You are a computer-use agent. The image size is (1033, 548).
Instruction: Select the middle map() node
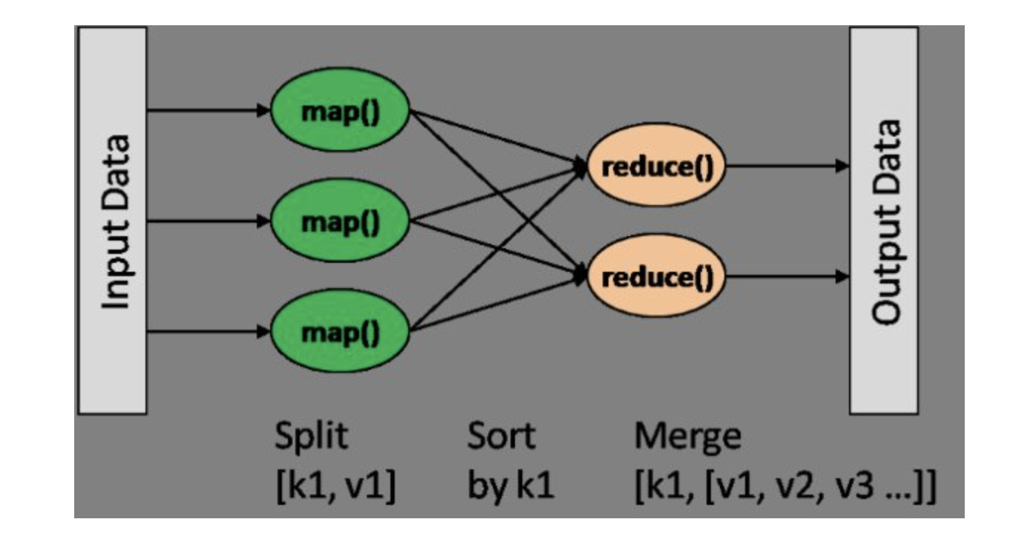point(341,221)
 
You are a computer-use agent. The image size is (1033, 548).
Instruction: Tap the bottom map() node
point(341,331)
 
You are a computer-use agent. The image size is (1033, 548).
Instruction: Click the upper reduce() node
point(656,166)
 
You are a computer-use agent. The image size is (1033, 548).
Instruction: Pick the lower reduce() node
point(656,277)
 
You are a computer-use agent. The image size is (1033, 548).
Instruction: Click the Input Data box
point(112,220)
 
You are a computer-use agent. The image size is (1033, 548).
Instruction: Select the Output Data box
point(884,220)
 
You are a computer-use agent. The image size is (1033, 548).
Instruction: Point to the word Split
point(310,437)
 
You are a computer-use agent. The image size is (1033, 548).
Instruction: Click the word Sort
point(500,437)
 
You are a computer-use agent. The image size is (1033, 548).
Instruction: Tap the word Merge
point(687,437)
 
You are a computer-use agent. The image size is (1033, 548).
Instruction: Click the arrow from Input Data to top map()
point(208,111)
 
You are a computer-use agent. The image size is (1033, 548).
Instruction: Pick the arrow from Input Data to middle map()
point(208,221)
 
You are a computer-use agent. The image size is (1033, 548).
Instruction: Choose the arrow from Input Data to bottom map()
point(208,331)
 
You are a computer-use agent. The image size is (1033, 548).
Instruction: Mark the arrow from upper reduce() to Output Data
point(787,166)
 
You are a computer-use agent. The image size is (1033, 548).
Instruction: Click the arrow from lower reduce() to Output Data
point(787,277)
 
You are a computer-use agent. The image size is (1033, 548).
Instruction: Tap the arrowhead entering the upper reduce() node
point(581,167)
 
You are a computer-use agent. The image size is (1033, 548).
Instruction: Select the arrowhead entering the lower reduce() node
point(581,276)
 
